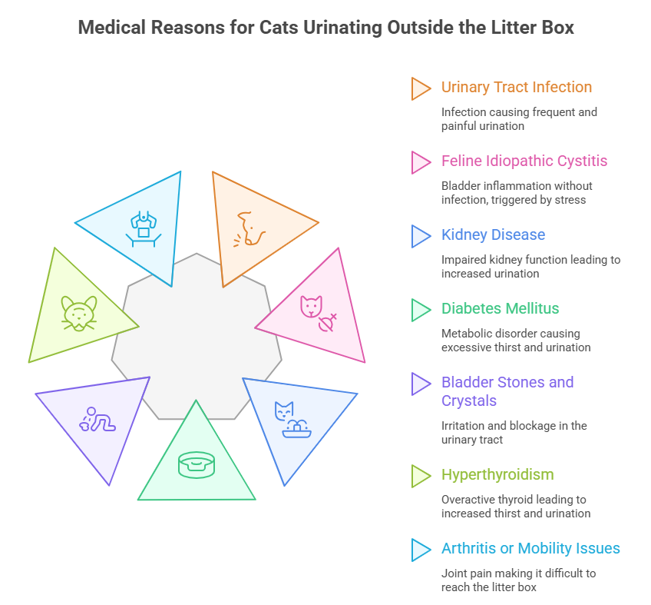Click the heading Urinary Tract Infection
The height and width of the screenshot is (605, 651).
pyautogui.click(x=516, y=87)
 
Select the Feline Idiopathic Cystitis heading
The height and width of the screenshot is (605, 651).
pyautogui.click(x=524, y=161)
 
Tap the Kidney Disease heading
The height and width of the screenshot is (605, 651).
pyautogui.click(x=493, y=234)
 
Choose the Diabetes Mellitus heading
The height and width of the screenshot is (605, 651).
pyautogui.click(x=500, y=308)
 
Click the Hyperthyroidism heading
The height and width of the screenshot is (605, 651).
pyautogui.click(x=497, y=474)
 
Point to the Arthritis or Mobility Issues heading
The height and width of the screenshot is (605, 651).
pyautogui.click(x=530, y=548)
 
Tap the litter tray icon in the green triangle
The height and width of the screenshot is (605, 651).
pyautogui.click(x=196, y=464)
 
